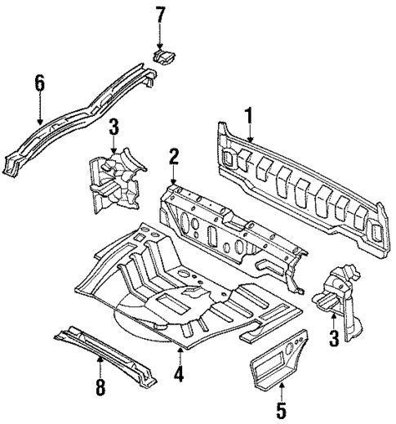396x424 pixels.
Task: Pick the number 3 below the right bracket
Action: pyautogui.click(x=332, y=337)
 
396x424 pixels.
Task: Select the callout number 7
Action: pyautogui.click(x=160, y=14)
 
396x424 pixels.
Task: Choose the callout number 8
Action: pyautogui.click(x=100, y=387)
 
